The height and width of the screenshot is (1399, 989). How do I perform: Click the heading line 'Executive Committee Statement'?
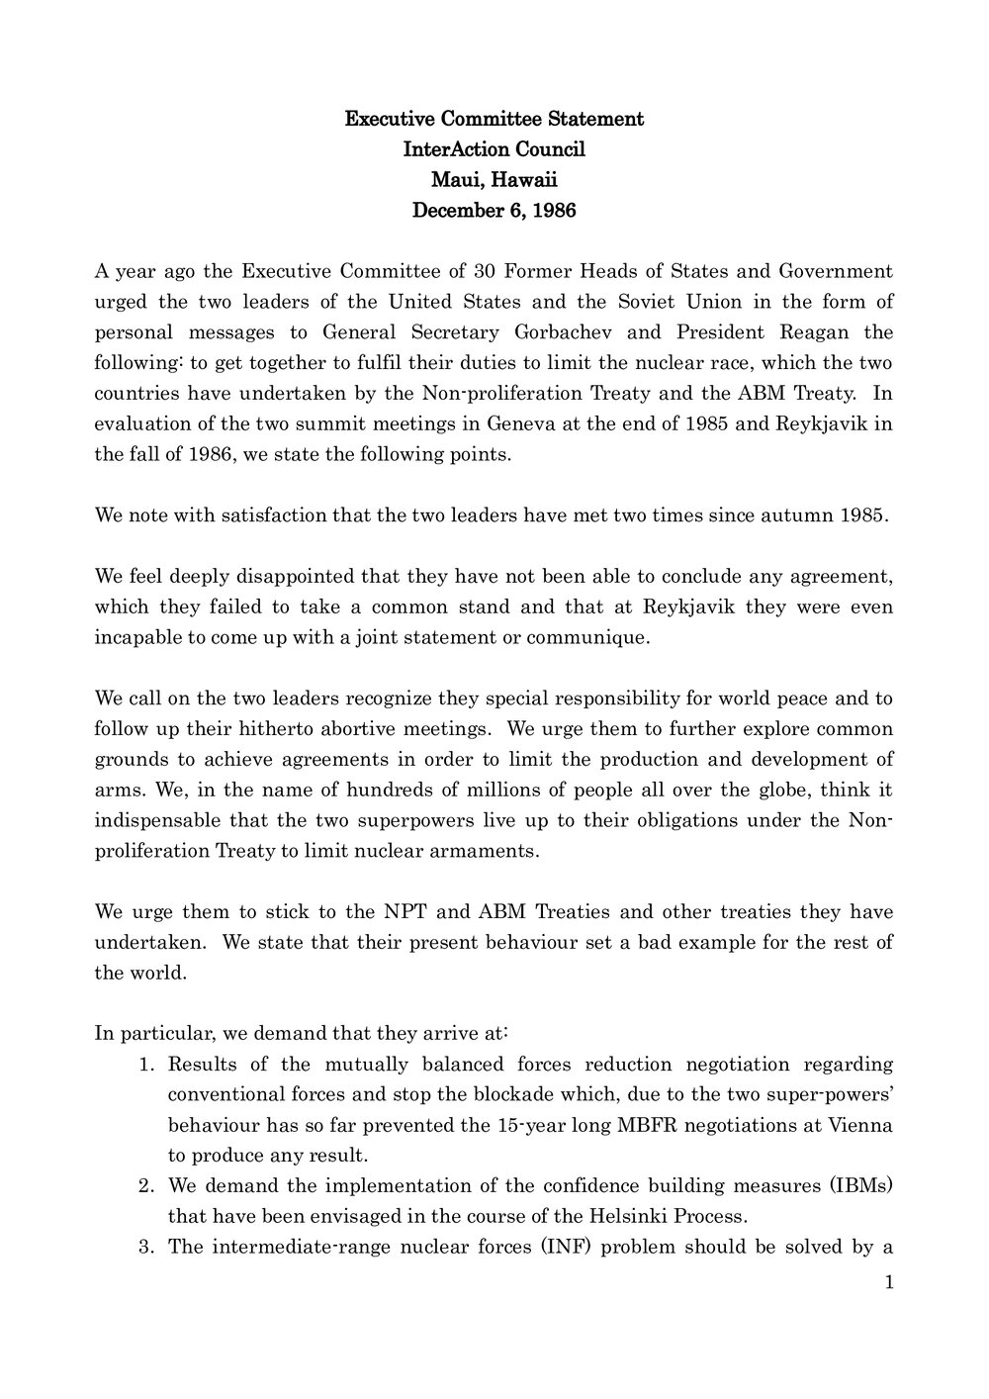coord(494,120)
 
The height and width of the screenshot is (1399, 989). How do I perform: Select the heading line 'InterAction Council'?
coord(494,149)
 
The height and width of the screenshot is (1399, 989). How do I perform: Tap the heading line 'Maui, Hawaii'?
coord(494,180)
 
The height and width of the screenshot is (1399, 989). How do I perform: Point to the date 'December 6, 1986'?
coord(494,211)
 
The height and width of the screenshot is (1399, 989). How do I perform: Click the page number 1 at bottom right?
coord(889,1282)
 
